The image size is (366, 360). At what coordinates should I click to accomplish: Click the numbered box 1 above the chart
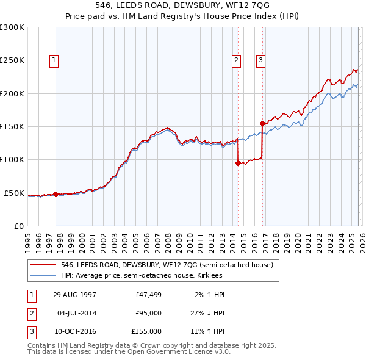pyautogui.click(x=54, y=60)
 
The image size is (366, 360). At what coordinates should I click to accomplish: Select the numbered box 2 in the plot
pyautogui.click(x=236, y=60)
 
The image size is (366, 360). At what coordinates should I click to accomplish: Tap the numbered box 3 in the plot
pyautogui.click(x=260, y=60)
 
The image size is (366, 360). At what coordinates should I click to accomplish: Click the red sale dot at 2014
pyautogui.click(x=237, y=163)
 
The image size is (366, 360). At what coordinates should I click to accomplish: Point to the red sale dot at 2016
pyautogui.click(x=262, y=123)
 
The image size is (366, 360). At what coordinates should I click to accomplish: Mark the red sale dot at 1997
pyautogui.click(x=56, y=194)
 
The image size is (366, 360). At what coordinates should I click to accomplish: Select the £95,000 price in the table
pyautogui.click(x=148, y=313)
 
